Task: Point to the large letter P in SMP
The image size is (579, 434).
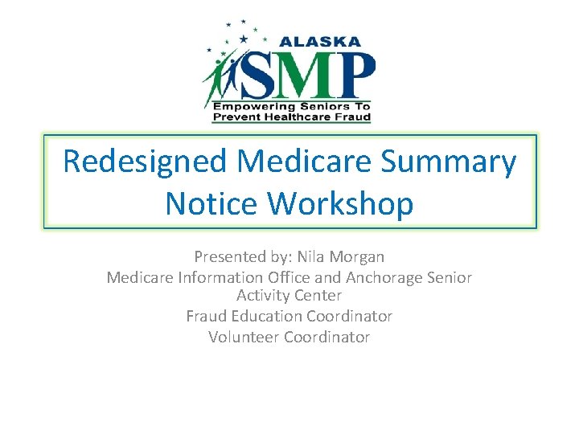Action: tap(355, 74)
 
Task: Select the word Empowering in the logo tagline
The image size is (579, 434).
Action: tap(248, 105)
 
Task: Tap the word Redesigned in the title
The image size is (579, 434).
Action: tap(145, 162)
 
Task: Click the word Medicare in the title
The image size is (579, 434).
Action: tap(306, 162)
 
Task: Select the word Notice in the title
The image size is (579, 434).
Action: tap(212, 203)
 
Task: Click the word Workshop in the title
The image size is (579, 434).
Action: tap(342, 203)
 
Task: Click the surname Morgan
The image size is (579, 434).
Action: tap(357, 257)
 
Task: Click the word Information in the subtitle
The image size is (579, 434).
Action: tap(211, 277)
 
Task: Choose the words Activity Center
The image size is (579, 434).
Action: tap(289, 296)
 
